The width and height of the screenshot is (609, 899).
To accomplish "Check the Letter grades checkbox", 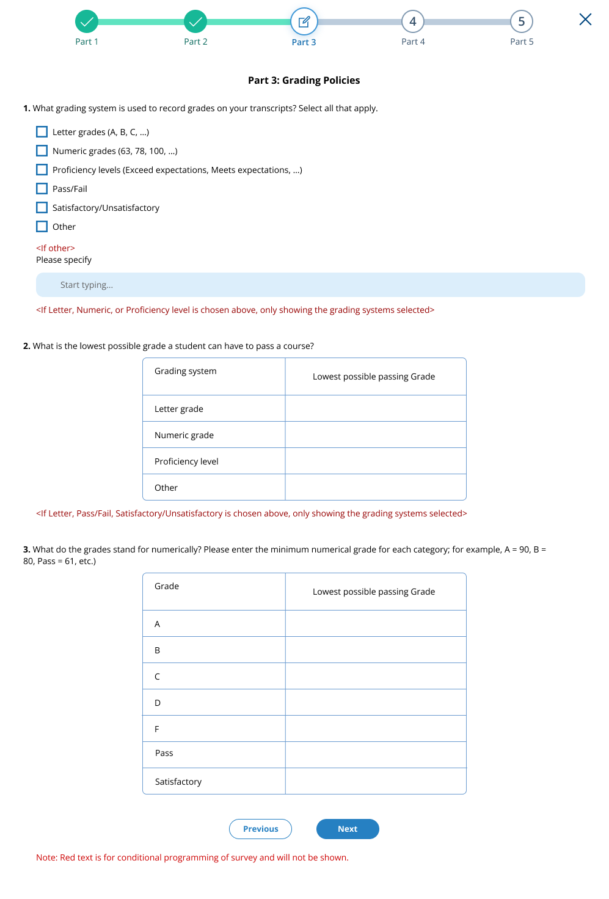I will click(x=42, y=132).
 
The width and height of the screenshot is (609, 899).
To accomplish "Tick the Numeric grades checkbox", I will click(x=42, y=151).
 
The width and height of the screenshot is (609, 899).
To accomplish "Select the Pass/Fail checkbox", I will click(x=42, y=189).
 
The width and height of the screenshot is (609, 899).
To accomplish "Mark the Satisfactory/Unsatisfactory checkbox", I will click(x=42, y=208).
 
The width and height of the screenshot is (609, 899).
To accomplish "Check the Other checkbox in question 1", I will click(x=42, y=227).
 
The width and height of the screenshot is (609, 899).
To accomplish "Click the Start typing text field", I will click(x=310, y=285).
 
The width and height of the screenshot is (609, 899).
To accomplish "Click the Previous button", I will click(x=260, y=829).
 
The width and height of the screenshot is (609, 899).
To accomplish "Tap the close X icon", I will click(x=585, y=20).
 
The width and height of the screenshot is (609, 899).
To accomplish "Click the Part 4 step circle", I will click(x=413, y=22).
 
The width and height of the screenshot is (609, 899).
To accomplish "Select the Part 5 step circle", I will click(x=522, y=22).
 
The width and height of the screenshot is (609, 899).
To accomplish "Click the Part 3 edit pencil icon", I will click(x=304, y=22).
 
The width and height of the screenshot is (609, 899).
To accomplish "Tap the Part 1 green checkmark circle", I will click(x=87, y=22).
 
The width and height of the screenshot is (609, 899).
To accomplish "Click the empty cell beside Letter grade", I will click(x=375, y=408).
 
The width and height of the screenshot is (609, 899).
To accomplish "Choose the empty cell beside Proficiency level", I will click(x=375, y=461).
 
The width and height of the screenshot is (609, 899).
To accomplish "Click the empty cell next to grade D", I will click(x=375, y=702).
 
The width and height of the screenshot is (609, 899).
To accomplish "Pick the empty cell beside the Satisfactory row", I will click(x=375, y=781).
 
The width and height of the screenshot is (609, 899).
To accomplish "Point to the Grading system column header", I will click(x=186, y=371).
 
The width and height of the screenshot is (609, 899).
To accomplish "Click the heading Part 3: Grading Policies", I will click(x=304, y=80).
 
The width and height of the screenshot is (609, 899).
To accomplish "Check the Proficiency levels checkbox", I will click(x=42, y=170).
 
